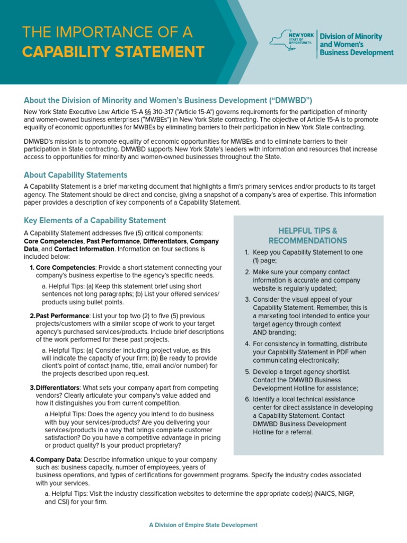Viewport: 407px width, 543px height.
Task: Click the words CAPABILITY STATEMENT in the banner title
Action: click(113, 52)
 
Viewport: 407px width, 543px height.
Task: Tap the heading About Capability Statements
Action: click(76, 175)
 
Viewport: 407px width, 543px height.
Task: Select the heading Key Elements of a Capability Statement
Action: click(95, 221)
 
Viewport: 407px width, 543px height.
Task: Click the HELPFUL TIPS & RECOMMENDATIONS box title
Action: click(308, 236)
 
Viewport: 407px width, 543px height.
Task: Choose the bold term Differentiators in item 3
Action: click(58, 388)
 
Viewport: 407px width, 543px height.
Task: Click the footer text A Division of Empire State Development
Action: click(203, 525)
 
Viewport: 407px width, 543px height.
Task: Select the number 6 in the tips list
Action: click(247, 399)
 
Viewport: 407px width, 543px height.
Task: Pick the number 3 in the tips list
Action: click(247, 300)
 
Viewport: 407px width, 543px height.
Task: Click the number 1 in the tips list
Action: click(247, 253)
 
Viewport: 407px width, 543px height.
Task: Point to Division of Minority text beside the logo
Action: click(350, 37)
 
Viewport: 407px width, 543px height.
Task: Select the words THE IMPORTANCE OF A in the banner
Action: click(108, 32)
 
